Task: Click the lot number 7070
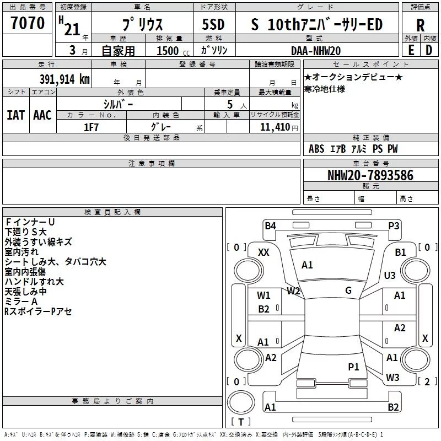[x=28, y=24]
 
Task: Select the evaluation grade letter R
[x=420, y=25]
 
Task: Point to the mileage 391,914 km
[x=64, y=79]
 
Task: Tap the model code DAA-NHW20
[x=316, y=51]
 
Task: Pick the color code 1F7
[x=91, y=127]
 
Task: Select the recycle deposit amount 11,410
[x=275, y=127]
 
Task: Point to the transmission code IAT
[x=15, y=115]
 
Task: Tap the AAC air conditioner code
[x=42, y=115]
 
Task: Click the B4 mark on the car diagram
[x=270, y=225]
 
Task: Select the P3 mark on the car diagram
[x=394, y=225]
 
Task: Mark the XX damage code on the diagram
[x=264, y=252]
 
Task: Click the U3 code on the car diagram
[x=390, y=275]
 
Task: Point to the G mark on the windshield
[x=348, y=291]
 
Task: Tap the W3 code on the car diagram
[x=392, y=378]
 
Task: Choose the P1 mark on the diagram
[x=353, y=367]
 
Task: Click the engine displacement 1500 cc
[x=168, y=51]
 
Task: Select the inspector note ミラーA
[x=21, y=302]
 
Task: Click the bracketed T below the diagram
[x=240, y=422]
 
